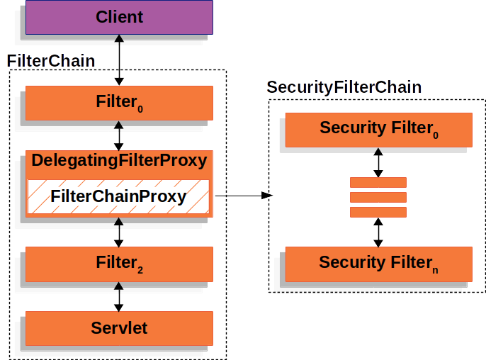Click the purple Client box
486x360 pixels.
tap(119, 16)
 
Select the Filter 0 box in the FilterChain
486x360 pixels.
tap(119, 103)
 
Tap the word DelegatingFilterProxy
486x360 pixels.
tap(119, 161)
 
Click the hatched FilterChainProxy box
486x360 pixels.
tap(119, 197)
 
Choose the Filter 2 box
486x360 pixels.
tap(119, 264)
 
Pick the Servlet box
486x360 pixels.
tap(119, 328)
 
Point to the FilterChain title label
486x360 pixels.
tap(50, 61)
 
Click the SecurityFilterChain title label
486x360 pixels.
tap(344, 88)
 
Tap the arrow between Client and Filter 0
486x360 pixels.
tap(119, 60)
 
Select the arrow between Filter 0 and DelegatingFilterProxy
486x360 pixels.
tap(119, 135)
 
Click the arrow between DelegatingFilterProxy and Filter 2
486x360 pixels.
tap(119, 232)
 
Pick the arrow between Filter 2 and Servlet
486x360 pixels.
tap(119, 296)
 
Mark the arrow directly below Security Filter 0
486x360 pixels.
tap(378, 162)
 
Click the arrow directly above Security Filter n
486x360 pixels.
tap(378, 232)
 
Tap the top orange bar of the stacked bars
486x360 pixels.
tap(378, 182)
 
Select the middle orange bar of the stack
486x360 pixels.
tap(378, 197)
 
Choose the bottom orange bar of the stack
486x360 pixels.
tap(378, 212)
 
